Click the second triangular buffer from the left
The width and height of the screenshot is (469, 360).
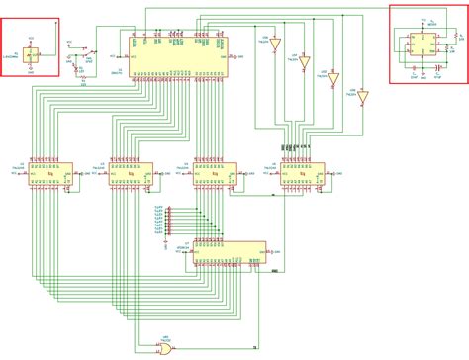[304, 58]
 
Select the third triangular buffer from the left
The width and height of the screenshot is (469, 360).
[333, 78]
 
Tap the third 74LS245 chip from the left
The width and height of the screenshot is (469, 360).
[214, 174]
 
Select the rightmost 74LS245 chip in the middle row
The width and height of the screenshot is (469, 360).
[301, 174]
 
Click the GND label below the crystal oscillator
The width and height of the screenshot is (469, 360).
[31, 71]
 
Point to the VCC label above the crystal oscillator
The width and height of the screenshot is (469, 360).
[31, 37]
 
